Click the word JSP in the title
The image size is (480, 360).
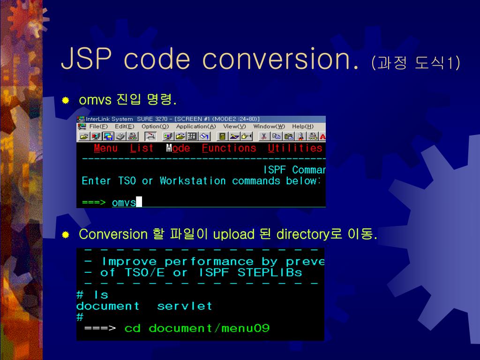point(87,60)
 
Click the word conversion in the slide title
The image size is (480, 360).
point(281,60)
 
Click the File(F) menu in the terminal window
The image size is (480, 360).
point(98,127)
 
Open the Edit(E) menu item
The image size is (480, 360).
point(124,127)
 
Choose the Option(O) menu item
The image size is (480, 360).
point(155,127)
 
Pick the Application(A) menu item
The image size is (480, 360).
point(196,127)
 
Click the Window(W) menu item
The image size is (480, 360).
point(269,127)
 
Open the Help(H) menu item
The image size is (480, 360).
point(303,127)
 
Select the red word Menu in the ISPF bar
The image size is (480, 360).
point(105,149)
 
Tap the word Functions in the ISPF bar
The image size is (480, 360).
point(229,149)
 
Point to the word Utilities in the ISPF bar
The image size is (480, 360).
point(295,149)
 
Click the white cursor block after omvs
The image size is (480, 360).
point(139,202)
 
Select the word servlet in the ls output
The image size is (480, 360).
point(184,307)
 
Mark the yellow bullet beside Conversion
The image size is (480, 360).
point(66,234)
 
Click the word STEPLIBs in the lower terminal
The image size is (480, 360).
point(270,273)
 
